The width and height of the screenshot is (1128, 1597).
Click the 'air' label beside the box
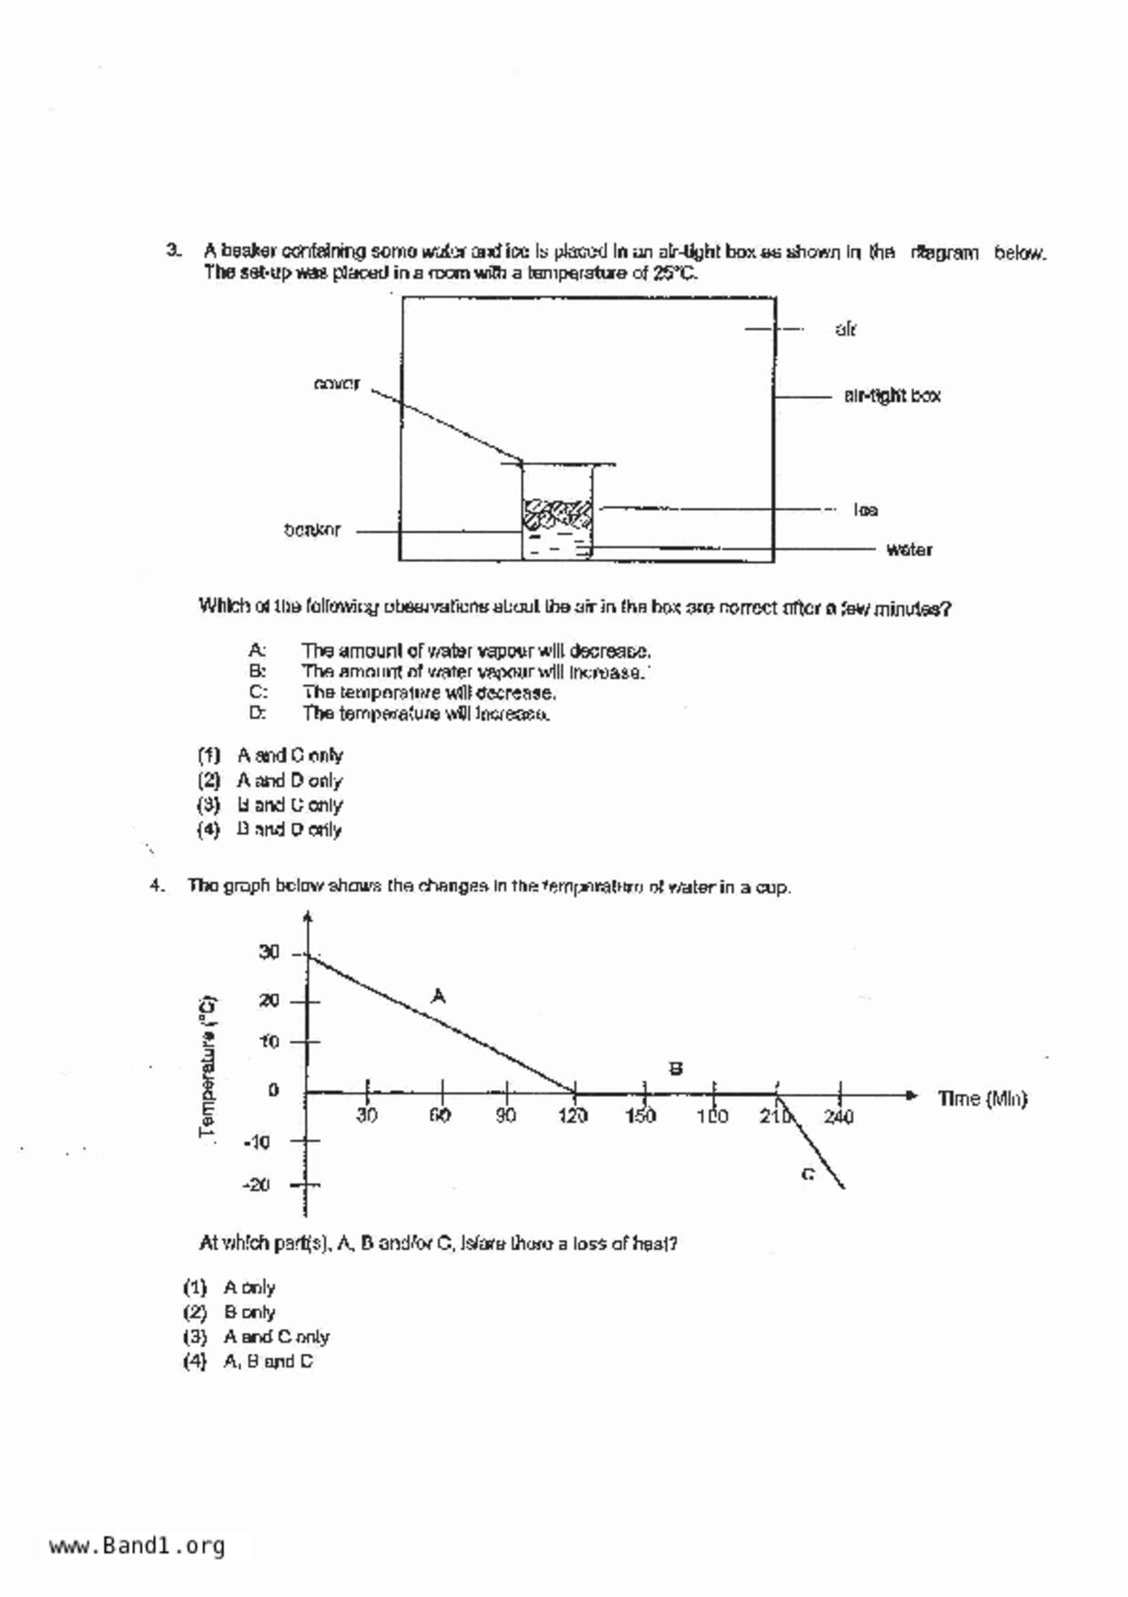point(846,330)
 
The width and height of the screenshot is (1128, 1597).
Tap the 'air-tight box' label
point(891,395)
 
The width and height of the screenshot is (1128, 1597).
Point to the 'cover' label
point(336,383)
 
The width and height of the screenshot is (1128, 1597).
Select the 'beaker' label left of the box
point(312,530)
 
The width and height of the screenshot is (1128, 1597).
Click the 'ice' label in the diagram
point(865,510)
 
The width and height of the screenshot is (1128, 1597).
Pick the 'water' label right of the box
point(909,549)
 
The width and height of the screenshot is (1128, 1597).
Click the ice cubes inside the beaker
point(555,514)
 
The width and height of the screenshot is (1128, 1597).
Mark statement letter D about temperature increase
point(258,713)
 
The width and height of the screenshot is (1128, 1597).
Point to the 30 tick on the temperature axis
point(269,952)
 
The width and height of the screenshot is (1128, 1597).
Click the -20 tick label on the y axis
point(257,1185)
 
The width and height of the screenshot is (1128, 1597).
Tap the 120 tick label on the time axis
point(573,1116)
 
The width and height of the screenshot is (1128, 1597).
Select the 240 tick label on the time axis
point(838,1116)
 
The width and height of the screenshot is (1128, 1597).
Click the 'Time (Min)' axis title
point(982,1099)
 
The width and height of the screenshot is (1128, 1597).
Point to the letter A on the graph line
point(438,996)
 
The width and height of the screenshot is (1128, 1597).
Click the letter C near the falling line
point(808,1175)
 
